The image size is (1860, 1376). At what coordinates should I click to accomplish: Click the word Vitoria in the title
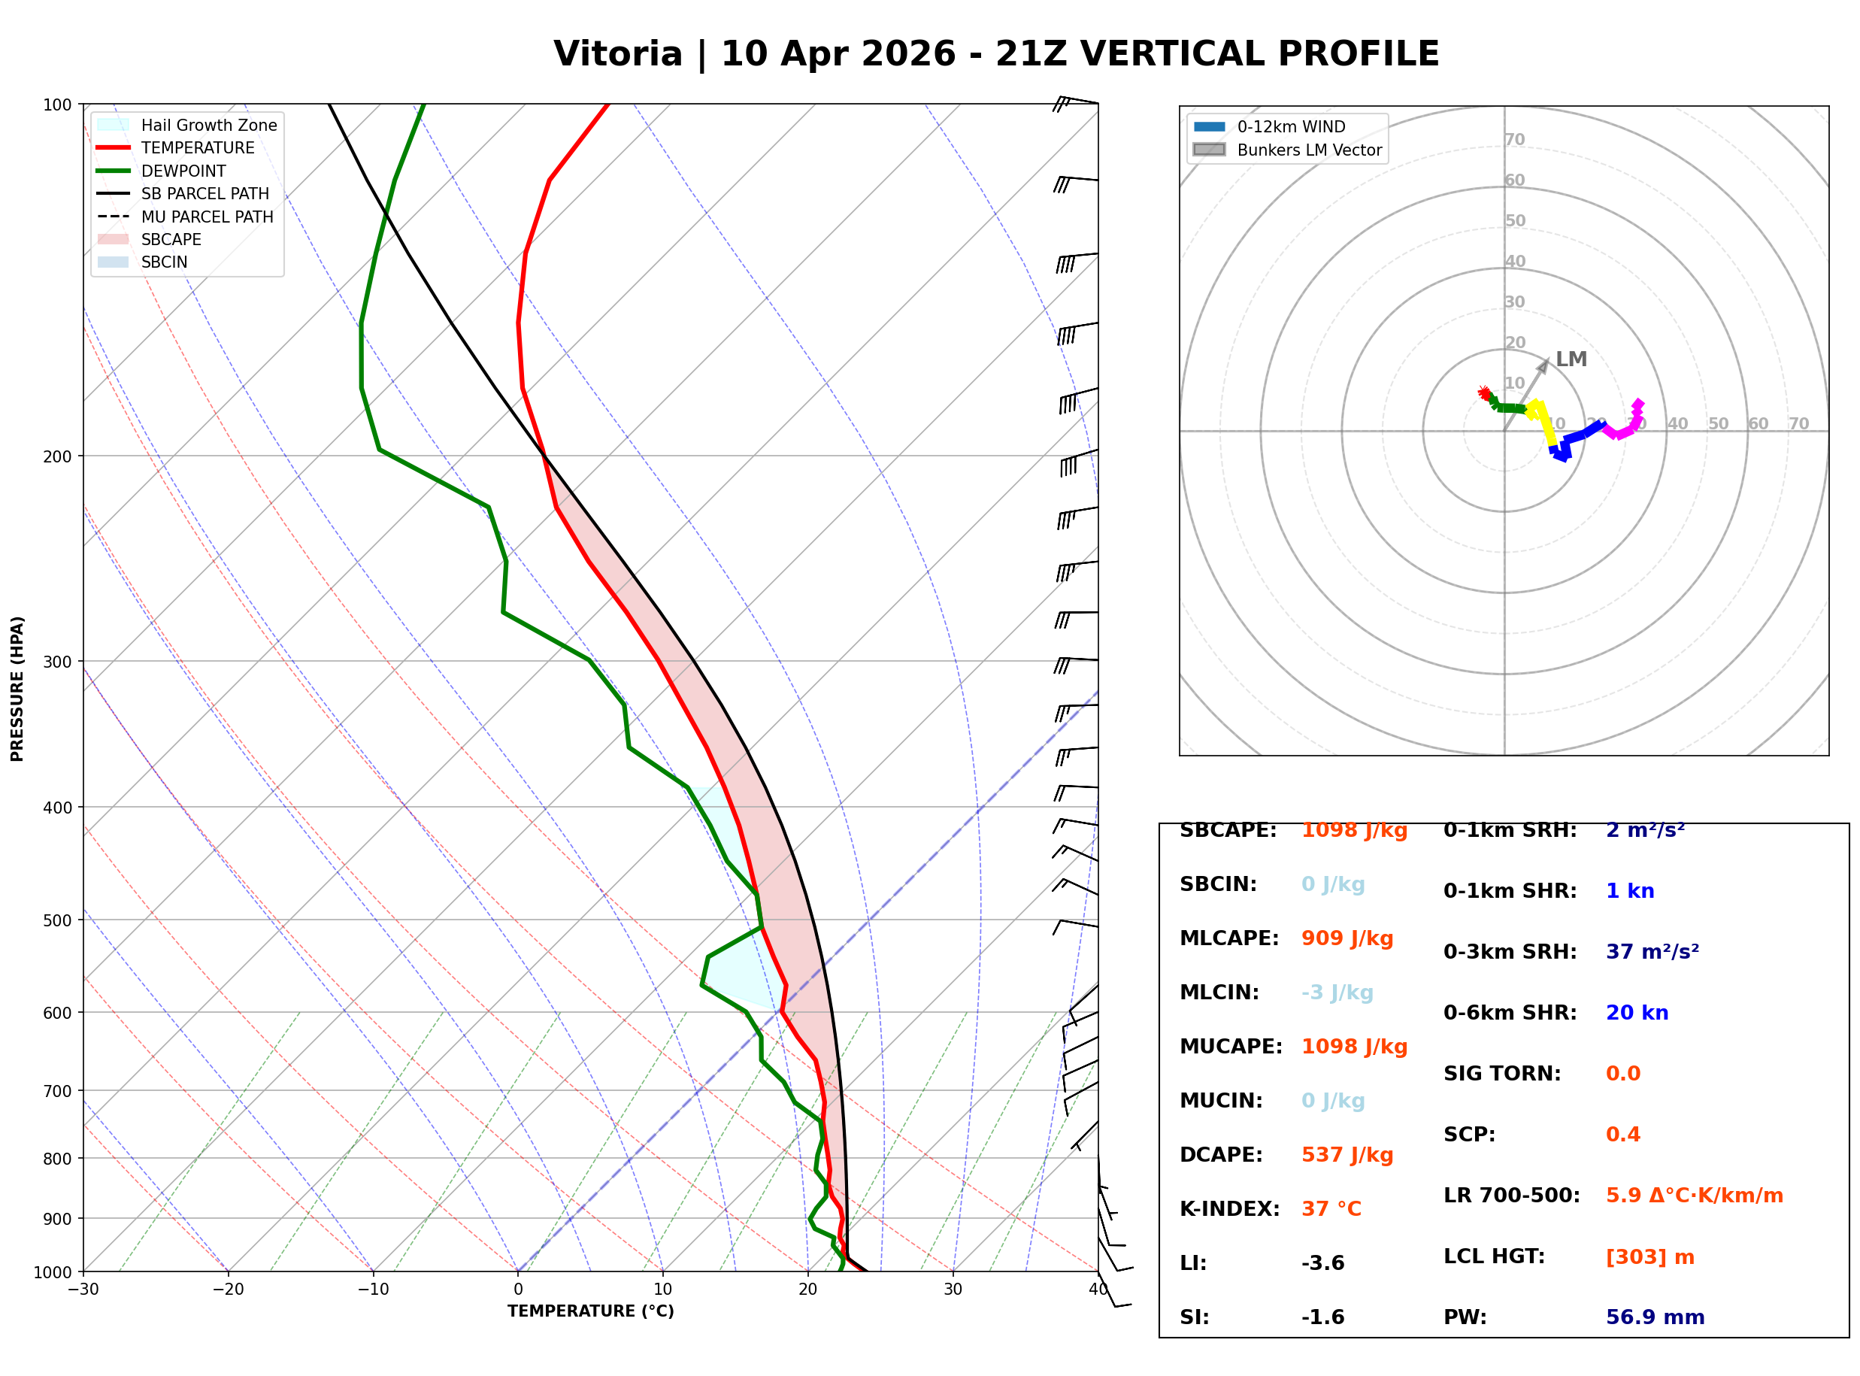617,54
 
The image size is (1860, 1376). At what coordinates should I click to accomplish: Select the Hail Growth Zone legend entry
209,125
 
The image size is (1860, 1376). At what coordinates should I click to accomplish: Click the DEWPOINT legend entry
183,171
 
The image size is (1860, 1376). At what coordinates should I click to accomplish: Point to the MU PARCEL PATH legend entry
207,217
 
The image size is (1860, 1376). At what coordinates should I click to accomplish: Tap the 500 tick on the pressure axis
56,920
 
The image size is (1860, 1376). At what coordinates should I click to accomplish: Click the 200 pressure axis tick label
56,456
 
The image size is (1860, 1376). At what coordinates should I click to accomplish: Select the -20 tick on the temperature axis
227,1290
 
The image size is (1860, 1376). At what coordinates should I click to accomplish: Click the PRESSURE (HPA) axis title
17,689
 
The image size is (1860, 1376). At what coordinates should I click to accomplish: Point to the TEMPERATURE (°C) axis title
590,1311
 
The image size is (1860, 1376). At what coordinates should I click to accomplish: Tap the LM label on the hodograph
1571,359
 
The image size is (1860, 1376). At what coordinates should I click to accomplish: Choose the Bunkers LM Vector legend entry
1309,150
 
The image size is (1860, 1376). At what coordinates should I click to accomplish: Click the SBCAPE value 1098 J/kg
1354,830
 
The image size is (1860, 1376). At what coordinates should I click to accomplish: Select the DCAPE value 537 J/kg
1347,1154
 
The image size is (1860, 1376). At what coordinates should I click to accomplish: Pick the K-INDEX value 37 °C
1331,1208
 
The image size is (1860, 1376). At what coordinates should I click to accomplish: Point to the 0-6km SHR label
1510,1013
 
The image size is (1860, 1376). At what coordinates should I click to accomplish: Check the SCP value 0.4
1622,1135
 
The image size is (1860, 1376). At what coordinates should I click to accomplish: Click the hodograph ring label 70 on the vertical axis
1514,139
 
